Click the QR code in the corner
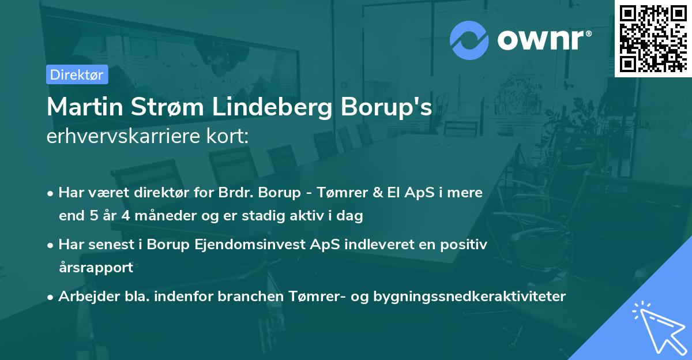(653, 38)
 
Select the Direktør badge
(77, 74)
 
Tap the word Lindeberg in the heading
(272, 108)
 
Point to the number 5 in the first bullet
(91, 217)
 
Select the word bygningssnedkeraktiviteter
(469, 297)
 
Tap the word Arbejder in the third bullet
(83, 297)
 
